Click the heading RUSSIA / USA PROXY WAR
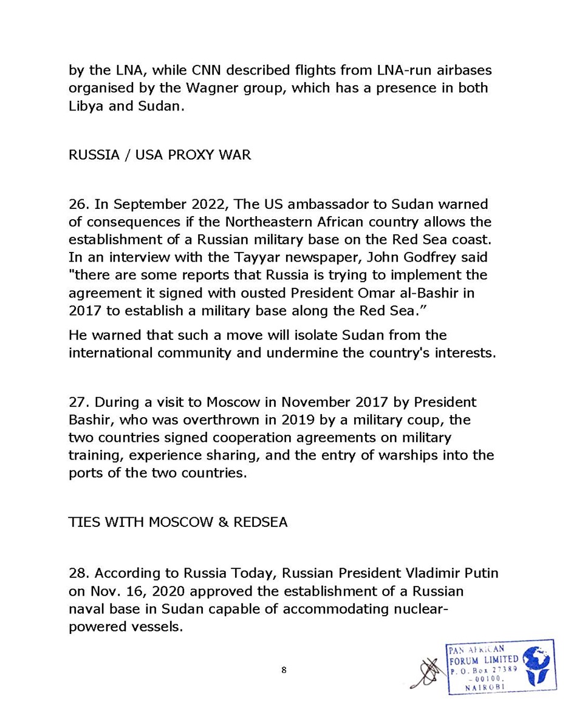(x=159, y=154)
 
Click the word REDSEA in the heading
(x=258, y=523)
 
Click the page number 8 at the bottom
(x=284, y=670)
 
